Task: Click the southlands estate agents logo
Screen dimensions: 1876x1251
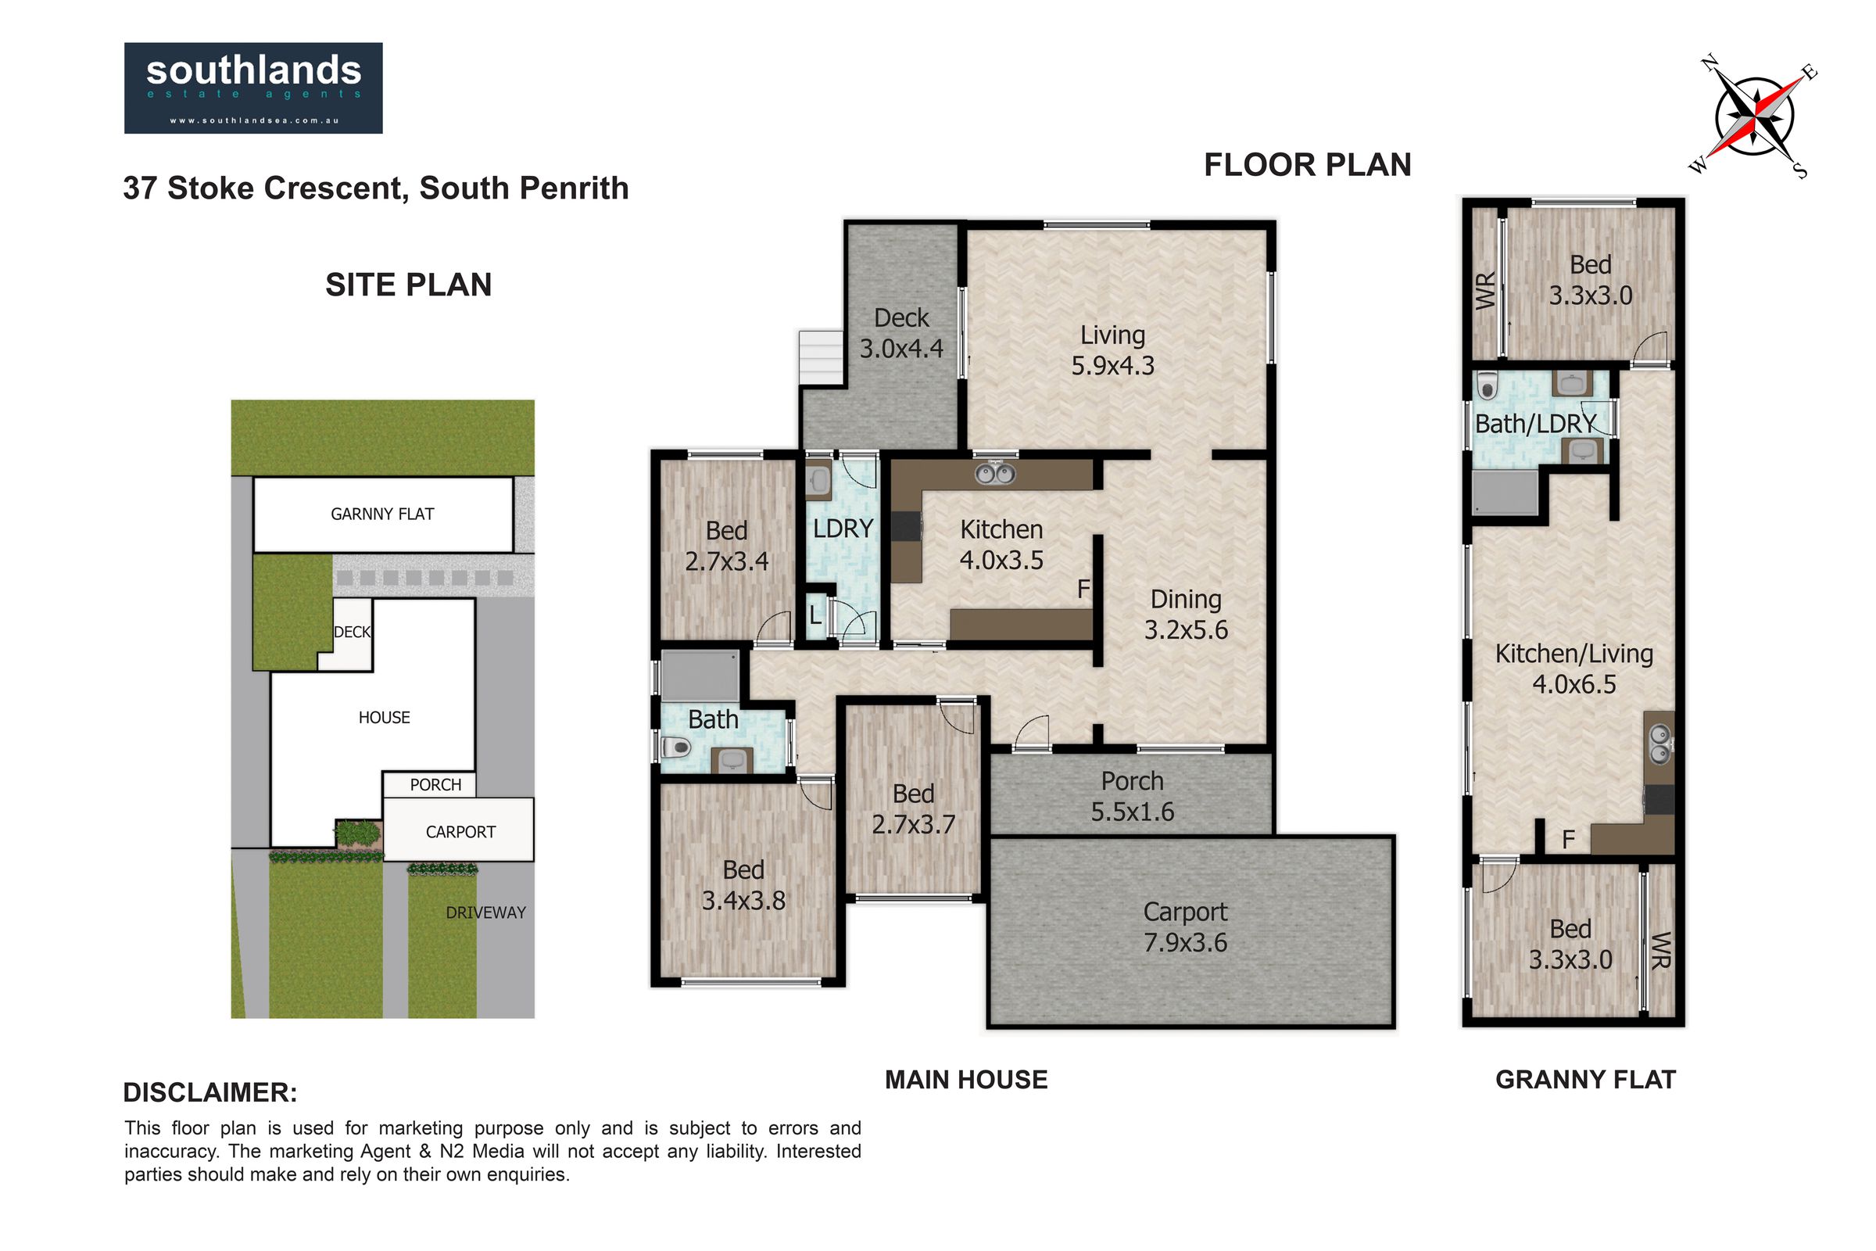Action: click(252, 88)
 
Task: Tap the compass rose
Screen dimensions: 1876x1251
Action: click(1755, 116)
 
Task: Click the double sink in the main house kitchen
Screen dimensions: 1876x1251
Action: click(994, 474)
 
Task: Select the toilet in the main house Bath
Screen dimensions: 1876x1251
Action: click(675, 747)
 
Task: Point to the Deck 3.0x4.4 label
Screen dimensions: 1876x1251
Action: click(901, 333)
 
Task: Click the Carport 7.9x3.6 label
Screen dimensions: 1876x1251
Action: click(1185, 927)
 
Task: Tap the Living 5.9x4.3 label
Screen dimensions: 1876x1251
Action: click(1112, 350)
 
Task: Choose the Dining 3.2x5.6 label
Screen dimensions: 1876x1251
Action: click(1186, 615)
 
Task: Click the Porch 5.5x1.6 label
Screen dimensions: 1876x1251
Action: click(1133, 796)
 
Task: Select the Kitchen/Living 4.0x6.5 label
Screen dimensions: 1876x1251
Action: click(1573, 669)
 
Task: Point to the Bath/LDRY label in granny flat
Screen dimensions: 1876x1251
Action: click(1535, 424)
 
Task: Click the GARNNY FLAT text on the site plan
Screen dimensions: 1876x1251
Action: click(383, 514)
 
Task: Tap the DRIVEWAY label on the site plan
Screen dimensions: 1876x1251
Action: click(485, 912)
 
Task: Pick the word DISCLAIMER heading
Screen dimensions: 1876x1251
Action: click(210, 1092)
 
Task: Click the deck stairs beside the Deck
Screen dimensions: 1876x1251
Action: click(822, 358)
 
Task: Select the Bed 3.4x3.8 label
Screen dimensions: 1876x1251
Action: click(743, 885)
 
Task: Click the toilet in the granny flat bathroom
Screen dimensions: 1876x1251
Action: click(1485, 387)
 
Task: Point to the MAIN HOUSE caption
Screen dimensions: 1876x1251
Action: click(967, 1080)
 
